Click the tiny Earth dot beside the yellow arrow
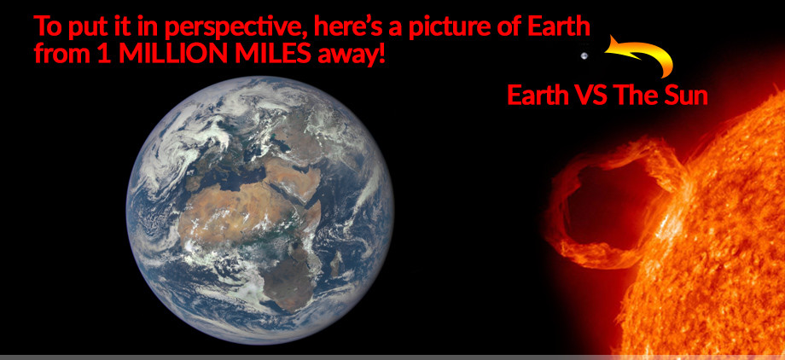tap(584, 56)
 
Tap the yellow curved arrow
tap(646, 49)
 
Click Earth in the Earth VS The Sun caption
tap(538, 96)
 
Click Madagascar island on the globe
tap(336, 263)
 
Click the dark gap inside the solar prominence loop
tap(606, 200)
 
